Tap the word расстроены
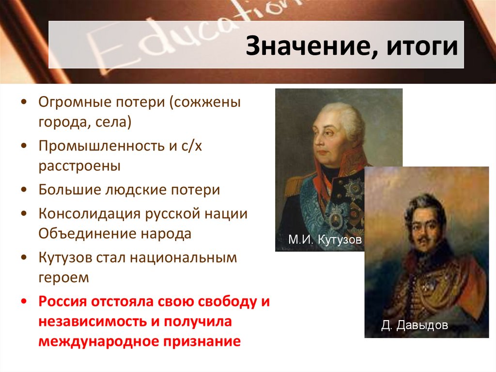pyautogui.click(x=80, y=166)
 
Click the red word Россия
pyautogui.click(x=63, y=302)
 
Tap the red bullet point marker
pyautogui.click(x=24, y=302)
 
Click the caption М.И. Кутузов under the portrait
pyautogui.click(x=325, y=240)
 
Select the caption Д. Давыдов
pyautogui.click(x=414, y=325)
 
